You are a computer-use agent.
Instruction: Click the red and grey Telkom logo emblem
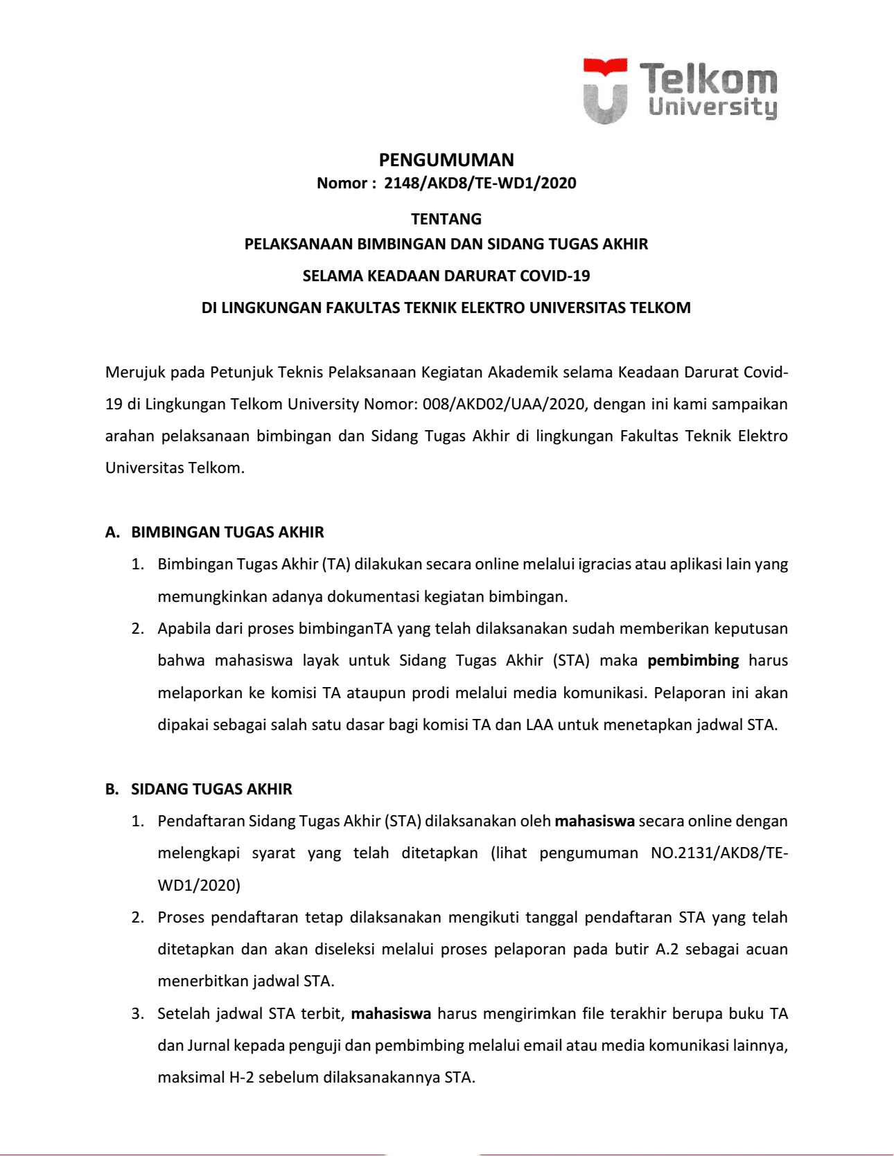point(605,91)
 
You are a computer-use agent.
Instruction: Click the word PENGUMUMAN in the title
point(446,160)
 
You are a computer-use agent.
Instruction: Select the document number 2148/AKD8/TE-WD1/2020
point(480,183)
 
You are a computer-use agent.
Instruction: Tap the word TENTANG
point(446,219)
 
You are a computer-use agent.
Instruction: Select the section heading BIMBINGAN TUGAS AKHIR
point(227,532)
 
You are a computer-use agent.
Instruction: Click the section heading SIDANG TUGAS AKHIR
point(211,789)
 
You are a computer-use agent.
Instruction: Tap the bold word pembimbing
point(693,660)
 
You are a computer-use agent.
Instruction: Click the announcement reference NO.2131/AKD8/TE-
point(719,853)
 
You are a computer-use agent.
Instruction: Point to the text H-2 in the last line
point(242,1077)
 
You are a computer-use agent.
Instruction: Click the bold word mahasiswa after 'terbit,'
point(391,1013)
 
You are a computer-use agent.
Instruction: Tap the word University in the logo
point(712,107)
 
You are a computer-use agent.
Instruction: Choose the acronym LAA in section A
point(539,724)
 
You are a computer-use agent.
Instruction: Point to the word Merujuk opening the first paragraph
point(135,372)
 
